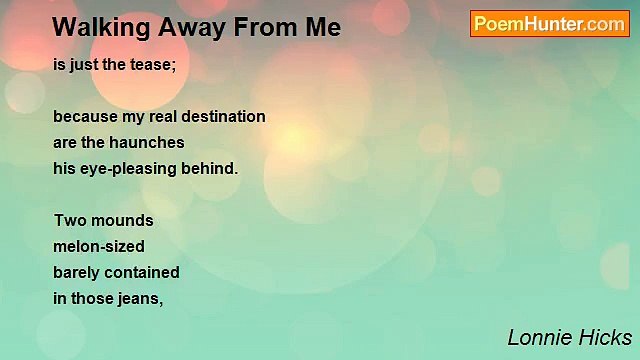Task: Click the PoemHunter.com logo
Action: point(549,24)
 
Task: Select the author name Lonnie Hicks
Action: point(569,337)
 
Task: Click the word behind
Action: point(211,168)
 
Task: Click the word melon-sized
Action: point(99,246)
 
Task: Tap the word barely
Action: point(77,272)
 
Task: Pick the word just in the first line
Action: point(85,64)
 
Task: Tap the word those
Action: point(93,298)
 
